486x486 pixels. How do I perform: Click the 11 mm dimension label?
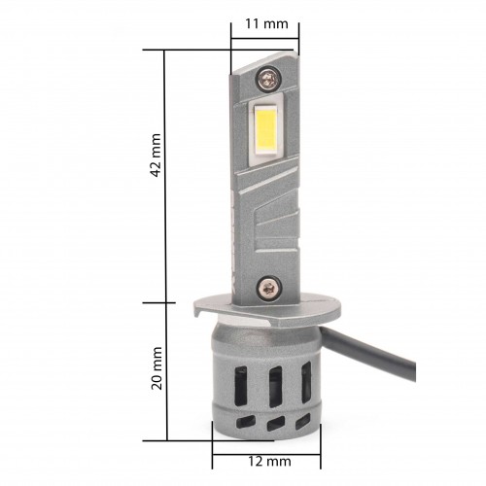pos(266,24)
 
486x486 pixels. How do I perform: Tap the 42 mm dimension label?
pos(156,156)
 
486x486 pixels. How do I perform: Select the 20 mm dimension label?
pos(156,368)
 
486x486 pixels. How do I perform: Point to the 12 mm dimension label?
pos(269,461)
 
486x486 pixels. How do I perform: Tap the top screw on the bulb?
pos(267,78)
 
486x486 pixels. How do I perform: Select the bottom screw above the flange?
pos(268,287)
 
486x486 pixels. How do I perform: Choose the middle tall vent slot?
pos(275,387)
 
